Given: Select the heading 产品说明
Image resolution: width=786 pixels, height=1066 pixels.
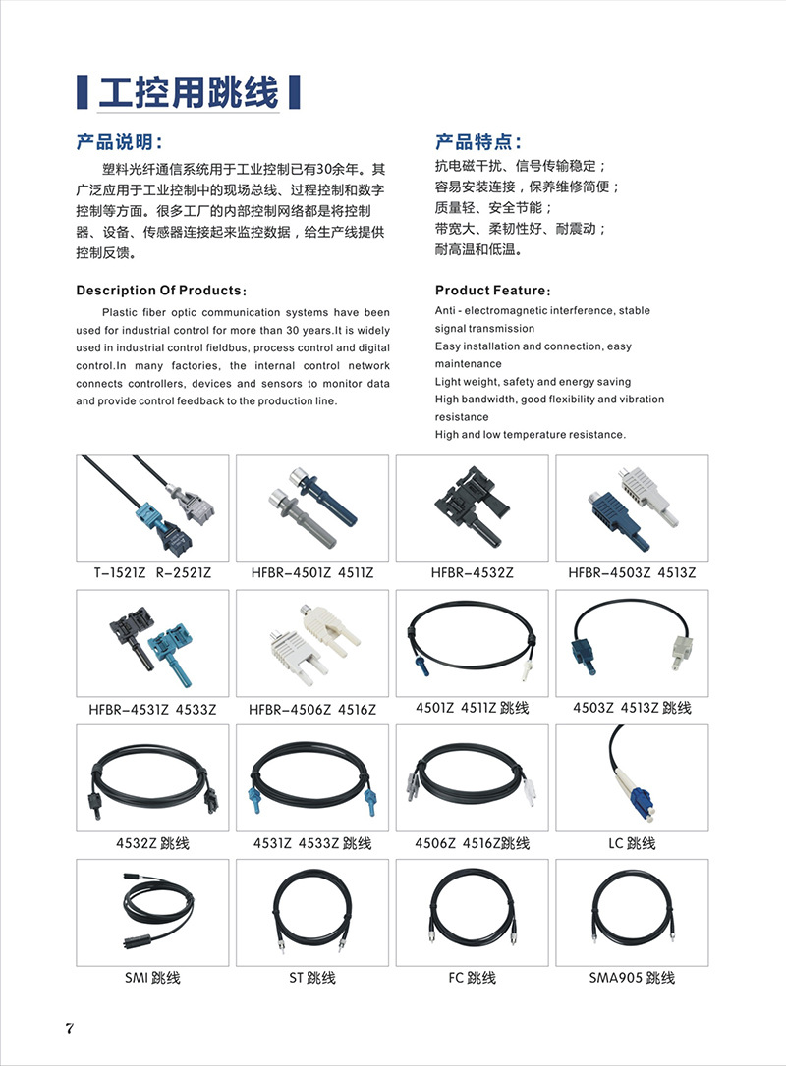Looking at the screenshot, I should pyautogui.click(x=125, y=142).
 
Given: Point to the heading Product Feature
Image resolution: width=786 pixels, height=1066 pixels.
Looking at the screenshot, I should pyautogui.click(x=492, y=291).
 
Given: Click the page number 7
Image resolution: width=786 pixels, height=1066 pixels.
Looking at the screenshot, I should pyautogui.click(x=69, y=1028).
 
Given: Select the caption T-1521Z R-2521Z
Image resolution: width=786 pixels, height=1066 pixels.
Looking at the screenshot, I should pyautogui.click(x=152, y=572).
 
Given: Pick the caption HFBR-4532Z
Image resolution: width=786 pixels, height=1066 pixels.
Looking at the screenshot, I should pyautogui.click(x=472, y=572).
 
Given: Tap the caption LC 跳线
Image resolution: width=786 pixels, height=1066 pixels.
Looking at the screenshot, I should pyautogui.click(x=632, y=843).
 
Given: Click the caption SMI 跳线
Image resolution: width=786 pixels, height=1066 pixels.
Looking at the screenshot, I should pyautogui.click(x=152, y=978).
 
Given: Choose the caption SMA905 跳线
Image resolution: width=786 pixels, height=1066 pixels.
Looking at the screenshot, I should pyautogui.click(x=632, y=978).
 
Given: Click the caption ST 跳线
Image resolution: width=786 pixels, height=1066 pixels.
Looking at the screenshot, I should pyautogui.click(x=312, y=978).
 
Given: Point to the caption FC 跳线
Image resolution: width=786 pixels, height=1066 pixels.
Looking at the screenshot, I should pyautogui.click(x=472, y=978).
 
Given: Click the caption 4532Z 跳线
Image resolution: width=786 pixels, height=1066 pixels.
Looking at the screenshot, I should pyautogui.click(x=152, y=843).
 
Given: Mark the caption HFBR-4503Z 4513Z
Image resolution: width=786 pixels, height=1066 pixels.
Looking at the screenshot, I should pyautogui.click(x=632, y=572).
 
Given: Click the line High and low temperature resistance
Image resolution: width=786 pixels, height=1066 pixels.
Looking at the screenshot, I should pyautogui.click(x=530, y=435).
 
